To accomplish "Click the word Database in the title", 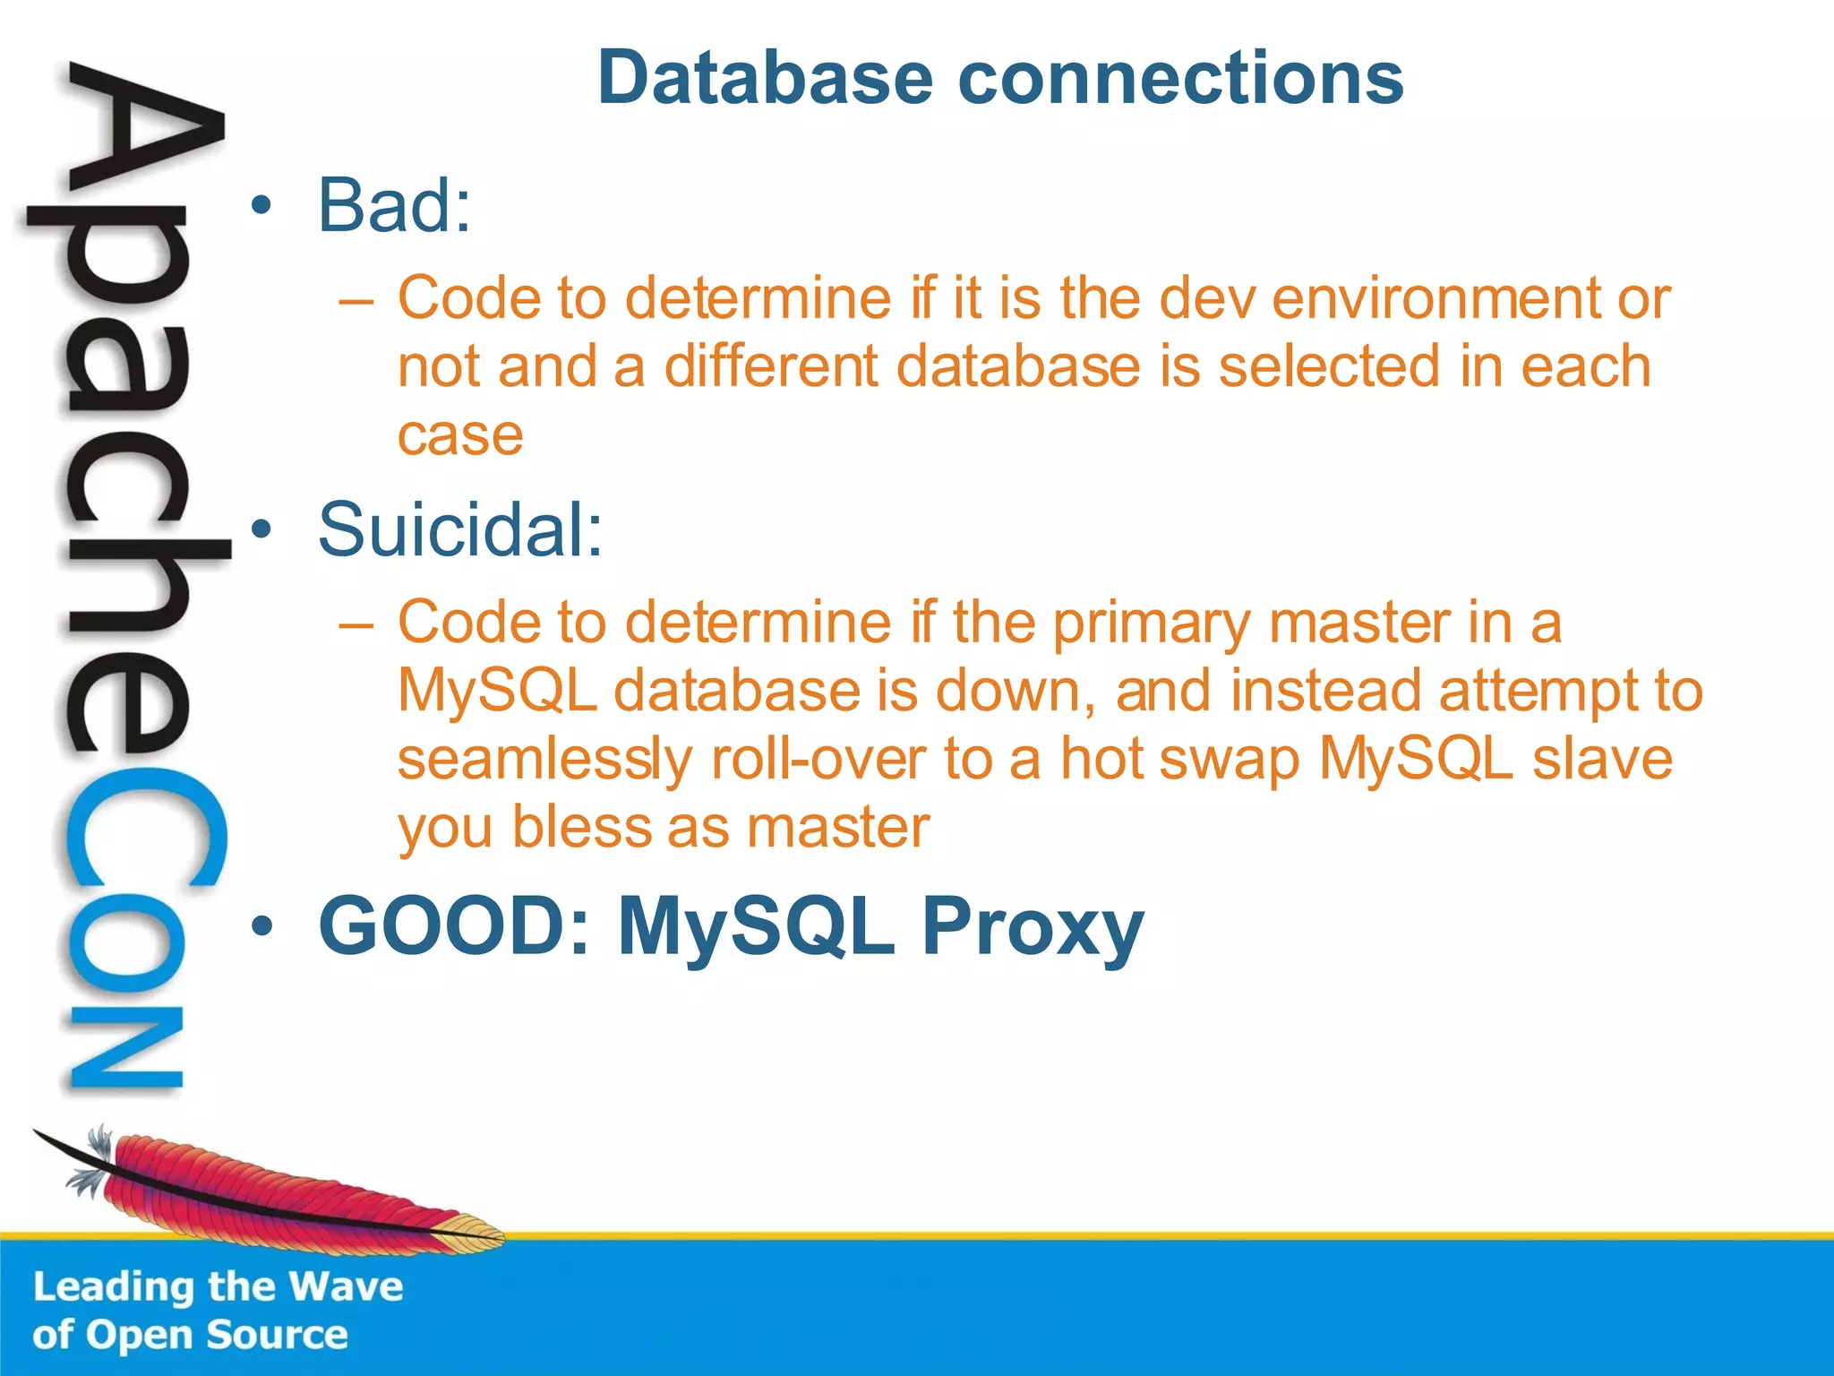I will coord(767,79).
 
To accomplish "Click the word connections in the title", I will coord(1180,79).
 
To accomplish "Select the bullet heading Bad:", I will coord(394,206).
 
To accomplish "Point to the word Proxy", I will coord(1033,928).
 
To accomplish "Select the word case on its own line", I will coord(459,436).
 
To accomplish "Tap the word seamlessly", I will coord(544,760).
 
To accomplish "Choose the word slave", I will coord(1602,760).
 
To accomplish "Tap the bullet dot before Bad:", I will coord(261,206).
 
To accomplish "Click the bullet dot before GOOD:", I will coord(261,928).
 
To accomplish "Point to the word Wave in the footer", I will coord(346,1287).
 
